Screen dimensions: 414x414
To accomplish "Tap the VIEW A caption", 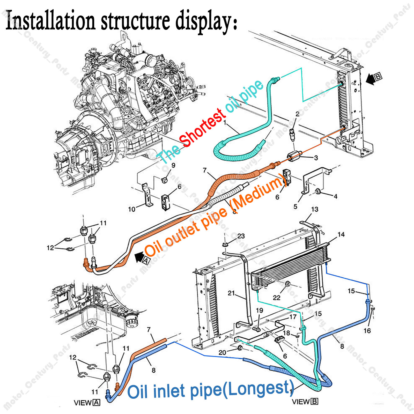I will pos(87,403).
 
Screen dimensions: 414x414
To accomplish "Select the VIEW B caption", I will pos(305,402).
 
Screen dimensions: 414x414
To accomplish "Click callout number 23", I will pos(241,236).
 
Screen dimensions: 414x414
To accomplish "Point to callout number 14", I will pos(341,234).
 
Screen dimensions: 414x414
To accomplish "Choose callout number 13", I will pos(315,209).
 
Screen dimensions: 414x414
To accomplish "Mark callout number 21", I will pos(231,293).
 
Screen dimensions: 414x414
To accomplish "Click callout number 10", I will pos(132,209).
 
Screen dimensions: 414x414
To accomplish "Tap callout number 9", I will pos(173,165).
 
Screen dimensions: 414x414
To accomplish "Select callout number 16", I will pos(367,330).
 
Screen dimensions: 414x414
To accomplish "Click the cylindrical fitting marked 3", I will pos(294,156).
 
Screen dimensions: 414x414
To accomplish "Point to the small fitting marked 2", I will pos(293,132).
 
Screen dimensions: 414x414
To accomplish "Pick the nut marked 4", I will pos(318,191).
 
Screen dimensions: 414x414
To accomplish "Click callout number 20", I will pos(222,352).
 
